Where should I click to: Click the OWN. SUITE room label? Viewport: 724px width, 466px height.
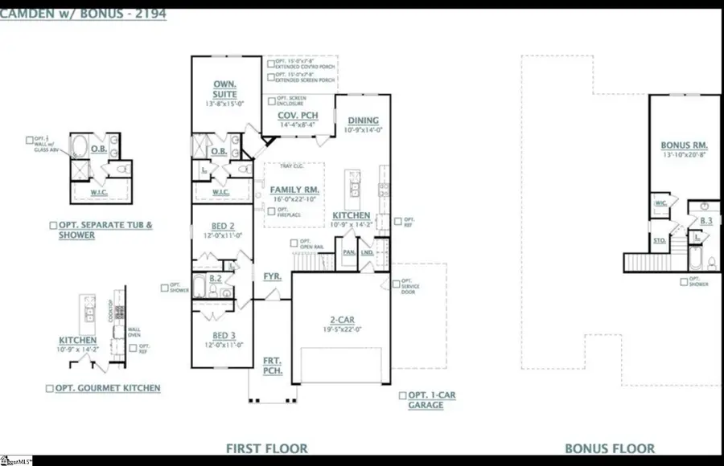(224, 88)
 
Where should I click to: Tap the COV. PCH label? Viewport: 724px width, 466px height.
(293, 115)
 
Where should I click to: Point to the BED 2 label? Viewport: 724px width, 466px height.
(224, 226)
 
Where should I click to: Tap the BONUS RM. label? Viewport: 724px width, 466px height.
(683, 145)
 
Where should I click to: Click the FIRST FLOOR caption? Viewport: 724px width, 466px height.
(267, 448)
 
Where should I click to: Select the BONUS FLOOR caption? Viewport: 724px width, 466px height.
(609, 448)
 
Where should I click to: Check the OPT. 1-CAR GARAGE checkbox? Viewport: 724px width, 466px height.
(402, 395)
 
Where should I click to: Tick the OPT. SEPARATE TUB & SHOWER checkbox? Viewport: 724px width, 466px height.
(53, 226)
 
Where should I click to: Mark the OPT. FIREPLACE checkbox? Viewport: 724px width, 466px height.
(271, 211)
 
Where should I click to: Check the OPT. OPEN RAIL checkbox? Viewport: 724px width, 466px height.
(294, 243)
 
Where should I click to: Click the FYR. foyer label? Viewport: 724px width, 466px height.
(272, 276)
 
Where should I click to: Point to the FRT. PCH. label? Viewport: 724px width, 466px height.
(272, 366)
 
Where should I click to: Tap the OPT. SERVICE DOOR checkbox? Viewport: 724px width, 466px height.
(396, 283)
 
